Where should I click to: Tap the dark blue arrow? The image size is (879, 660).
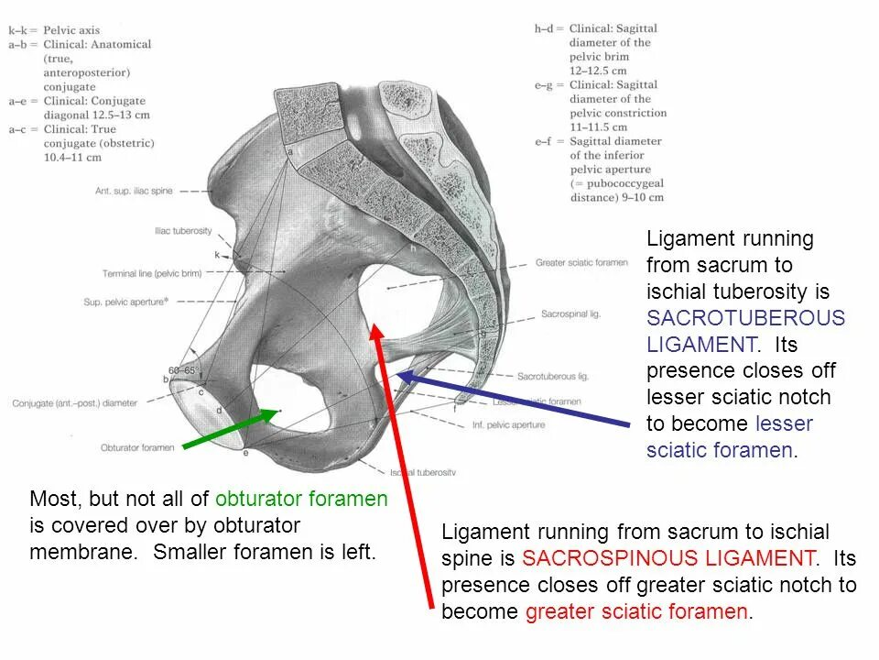pos(513,400)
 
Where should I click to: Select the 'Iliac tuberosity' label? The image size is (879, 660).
pos(183,232)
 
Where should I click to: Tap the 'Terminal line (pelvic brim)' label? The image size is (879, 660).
pos(152,273)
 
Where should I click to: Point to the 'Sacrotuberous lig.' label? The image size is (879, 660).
pos(552,376)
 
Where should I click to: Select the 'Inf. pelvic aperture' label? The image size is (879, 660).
pos(509,424)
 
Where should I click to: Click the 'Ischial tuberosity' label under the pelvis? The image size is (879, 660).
pos(422,472)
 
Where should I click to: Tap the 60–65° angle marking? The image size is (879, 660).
pos(188,371)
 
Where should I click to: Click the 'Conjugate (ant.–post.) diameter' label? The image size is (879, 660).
pos(74,402)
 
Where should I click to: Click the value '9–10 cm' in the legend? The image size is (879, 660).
pos(635,198)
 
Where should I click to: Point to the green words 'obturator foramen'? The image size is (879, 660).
pos(301,500)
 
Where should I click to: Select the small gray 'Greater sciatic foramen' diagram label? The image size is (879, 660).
pos(581,263)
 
